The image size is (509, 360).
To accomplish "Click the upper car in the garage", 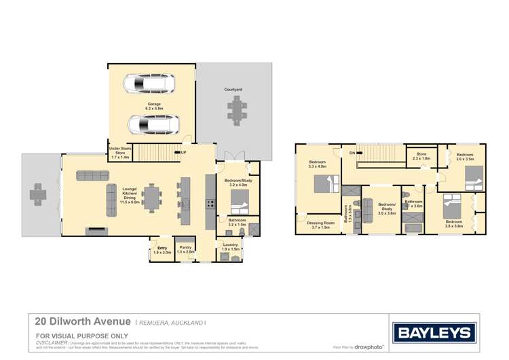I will [x=149, y=84].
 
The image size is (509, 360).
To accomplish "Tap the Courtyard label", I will [x=233, y=90].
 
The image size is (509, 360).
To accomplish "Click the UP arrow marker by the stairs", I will [x=183, y=152].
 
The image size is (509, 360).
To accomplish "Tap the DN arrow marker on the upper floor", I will [x=352, y=153].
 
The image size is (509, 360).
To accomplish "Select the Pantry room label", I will [x=185, y=249].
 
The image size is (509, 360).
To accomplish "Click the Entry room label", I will [x=162, y=249].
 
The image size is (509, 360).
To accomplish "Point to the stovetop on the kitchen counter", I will [x=210, y=202].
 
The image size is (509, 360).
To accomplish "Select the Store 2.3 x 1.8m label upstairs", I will [x=421, y=156].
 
